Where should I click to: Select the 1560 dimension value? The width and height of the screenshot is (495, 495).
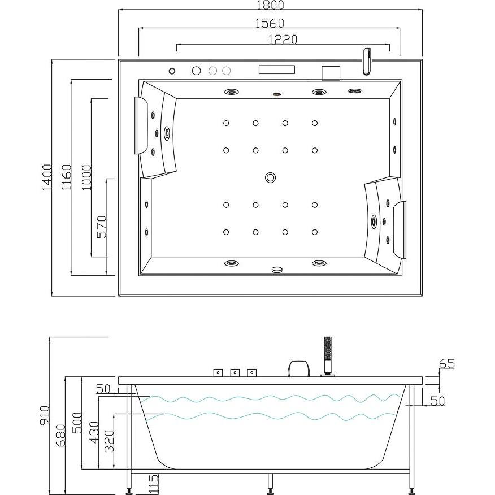click(x=270, y=23)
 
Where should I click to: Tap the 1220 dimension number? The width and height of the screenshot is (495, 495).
click(x=283, y=39)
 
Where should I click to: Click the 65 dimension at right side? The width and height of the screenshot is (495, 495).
click(x=447, y=364)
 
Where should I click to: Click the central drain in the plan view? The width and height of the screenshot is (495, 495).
click(x=271, y=177)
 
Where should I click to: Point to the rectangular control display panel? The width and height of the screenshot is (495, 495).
click(x=276, y=70)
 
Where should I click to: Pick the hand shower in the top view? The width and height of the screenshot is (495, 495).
click(x=366, y=62)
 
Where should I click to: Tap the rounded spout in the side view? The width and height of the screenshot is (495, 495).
click(x=299, y=368)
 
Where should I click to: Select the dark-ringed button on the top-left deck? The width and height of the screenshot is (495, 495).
click(x=172, y=71)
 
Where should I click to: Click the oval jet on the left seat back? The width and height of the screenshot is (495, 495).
click(x=167, y=133)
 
